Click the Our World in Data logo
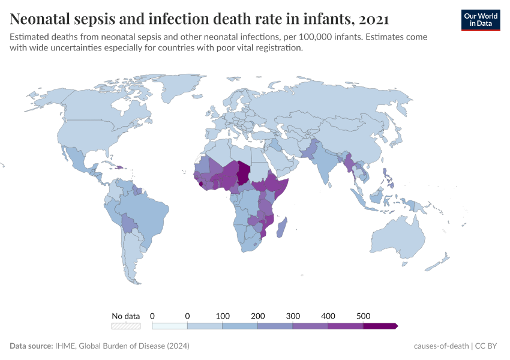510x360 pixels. (x=481, y=19)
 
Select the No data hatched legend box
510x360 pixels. (x=126, y=326)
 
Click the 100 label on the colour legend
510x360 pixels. (x=223, y=316)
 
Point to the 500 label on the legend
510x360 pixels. (x=363, y=316)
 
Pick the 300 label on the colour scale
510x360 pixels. (x=293, y=316)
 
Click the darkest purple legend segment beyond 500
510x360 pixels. (x=379, y=326)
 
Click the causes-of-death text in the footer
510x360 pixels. (x=441, y=346)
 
